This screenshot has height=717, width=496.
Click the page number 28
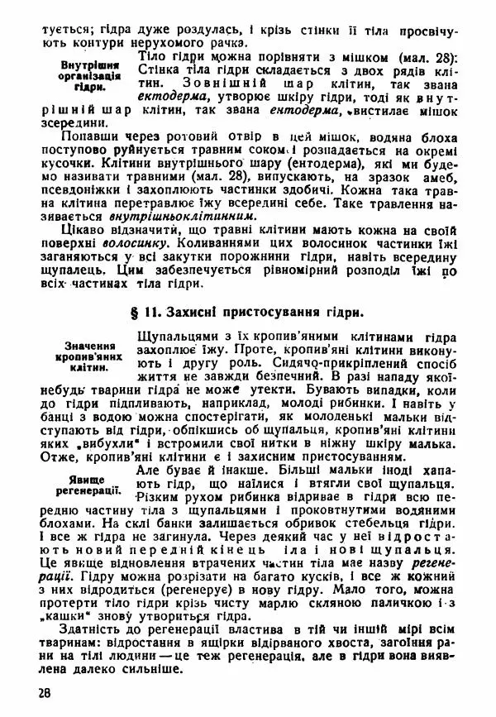tap(31, 691)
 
